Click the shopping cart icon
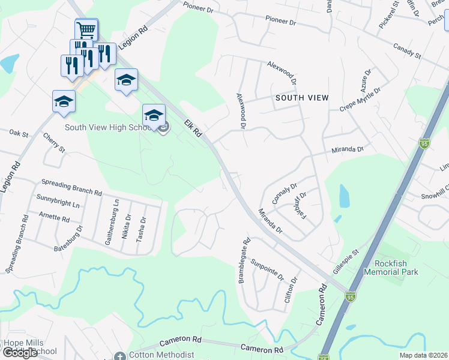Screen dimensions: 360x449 [86, 29]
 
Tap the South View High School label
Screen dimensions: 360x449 [110, 127]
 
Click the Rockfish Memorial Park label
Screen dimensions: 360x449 [395, 268]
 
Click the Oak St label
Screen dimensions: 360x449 [19, 133]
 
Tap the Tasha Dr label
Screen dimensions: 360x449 [140, 229]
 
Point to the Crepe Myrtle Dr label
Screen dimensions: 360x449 [360, 99]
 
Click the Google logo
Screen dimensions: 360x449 [20, 353]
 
